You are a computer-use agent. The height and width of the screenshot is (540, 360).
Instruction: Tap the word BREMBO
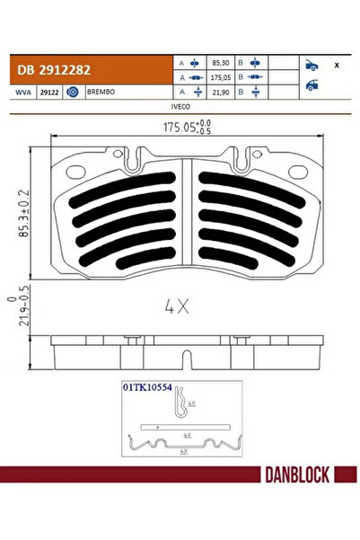pos(100,92)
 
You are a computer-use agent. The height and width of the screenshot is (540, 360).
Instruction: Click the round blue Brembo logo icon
pos(73,92)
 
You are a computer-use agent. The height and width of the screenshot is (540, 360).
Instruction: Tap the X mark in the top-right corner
pos(337,66)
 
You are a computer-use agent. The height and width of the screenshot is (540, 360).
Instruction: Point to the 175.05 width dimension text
pos(179,128)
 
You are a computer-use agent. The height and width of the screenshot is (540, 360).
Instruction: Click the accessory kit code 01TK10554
pos(147,387)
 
